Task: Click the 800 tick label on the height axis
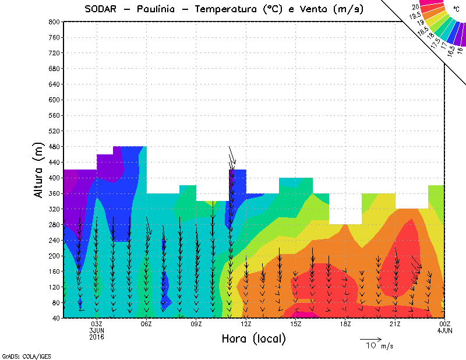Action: pyautogui.click(x=54, y=22)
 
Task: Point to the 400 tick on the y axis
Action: pyautogui.click(x=54, y=178)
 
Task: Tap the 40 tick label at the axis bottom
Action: pyautogui.click(x=55, y=318)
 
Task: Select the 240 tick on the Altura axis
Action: pyautogui.click(x=54, y=240)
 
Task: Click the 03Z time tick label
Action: pyautogui.click(x=97, y=324)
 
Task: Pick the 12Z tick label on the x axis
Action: pyautogui.click(x=246, y=324)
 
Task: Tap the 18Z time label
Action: pyautogui.click(x=345, y=324)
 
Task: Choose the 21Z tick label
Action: pyautogui.click(x=395, y=324)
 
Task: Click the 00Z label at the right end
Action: pyautogui.click(x=444, y=324)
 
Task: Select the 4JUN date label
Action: pyautogui.click(x=444, y=330)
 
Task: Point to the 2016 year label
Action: pyautogui.click(x=97, y=337)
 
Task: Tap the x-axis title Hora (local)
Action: pyautogui.click(x=253, y=338)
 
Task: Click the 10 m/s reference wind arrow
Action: pyautogui.click(x=370, y=338)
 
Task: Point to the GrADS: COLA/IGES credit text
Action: pyautogui.click(x=22, y=355)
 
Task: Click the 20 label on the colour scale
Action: pyautogui.click(x=415, y=6)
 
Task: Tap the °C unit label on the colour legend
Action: pyautogui.click(x=456, y=9)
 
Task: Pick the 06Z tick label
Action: pyautogui.click(x=146, y=324)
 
